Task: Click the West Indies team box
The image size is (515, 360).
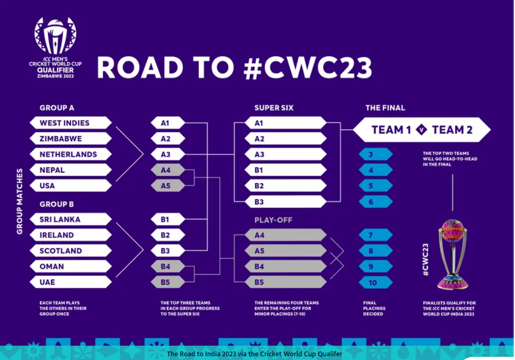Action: tap(69, 123)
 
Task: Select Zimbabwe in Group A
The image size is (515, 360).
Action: tap(69, 139)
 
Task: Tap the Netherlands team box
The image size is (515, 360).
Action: tap(69, 155)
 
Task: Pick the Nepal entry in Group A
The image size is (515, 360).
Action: tap(69, 170)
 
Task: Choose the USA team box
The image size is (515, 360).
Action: tap(69, 186)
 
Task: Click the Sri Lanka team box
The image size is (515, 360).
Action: tap(69, 219)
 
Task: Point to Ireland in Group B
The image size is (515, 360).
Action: tap(69, 235)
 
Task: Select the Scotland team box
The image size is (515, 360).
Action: tap(69, 251)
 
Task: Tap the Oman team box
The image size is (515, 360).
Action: tap(69, 267)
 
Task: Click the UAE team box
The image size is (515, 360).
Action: tap(69, 282)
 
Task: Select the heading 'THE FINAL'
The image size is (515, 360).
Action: tap(385, 108)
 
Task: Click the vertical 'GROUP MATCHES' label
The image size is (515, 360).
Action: tap(20, 201)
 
